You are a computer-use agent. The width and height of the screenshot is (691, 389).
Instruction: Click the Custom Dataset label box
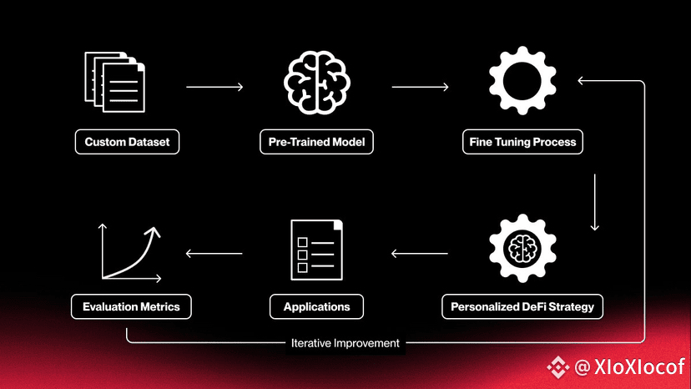click(x=127, y=142)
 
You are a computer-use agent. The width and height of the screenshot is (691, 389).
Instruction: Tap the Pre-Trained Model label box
click(x=316, y=142)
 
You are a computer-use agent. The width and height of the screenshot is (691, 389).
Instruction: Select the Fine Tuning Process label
click(x=522, y=142)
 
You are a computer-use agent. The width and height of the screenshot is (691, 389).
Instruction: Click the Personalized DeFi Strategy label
click(x=522, y=306)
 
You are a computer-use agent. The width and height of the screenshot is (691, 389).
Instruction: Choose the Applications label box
click(x=316, y=306)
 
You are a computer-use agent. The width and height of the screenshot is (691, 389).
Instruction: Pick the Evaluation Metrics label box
click(x=131, y=306)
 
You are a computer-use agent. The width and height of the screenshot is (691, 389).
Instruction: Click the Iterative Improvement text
click(x=345, y=343)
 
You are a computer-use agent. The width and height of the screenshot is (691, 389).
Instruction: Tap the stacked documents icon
click(x=114, y=82)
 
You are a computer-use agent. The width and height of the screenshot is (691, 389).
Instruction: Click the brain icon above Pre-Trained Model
click(x=316, y=83)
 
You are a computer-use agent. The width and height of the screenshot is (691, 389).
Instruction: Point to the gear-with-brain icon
click(x=522, y=248)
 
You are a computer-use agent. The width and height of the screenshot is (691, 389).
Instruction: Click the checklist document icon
click(x=316, y=250)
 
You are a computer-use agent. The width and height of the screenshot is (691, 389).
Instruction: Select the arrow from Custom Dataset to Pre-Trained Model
click(x=214, y=87)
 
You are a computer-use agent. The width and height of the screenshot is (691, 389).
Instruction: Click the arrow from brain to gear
click(x=420, y=87)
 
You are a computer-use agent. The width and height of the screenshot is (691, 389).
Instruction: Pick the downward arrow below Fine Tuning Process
click(x=594, y=203)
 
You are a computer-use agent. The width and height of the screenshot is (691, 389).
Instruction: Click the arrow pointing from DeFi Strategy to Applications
click(x=420, y=254)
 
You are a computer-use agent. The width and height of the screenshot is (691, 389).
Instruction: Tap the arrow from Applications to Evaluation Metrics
click(x=214, y=254)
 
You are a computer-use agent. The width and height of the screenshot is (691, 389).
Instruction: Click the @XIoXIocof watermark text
click(x=630, y=367)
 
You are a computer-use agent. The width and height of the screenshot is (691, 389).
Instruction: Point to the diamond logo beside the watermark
click(x=558, y=367)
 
